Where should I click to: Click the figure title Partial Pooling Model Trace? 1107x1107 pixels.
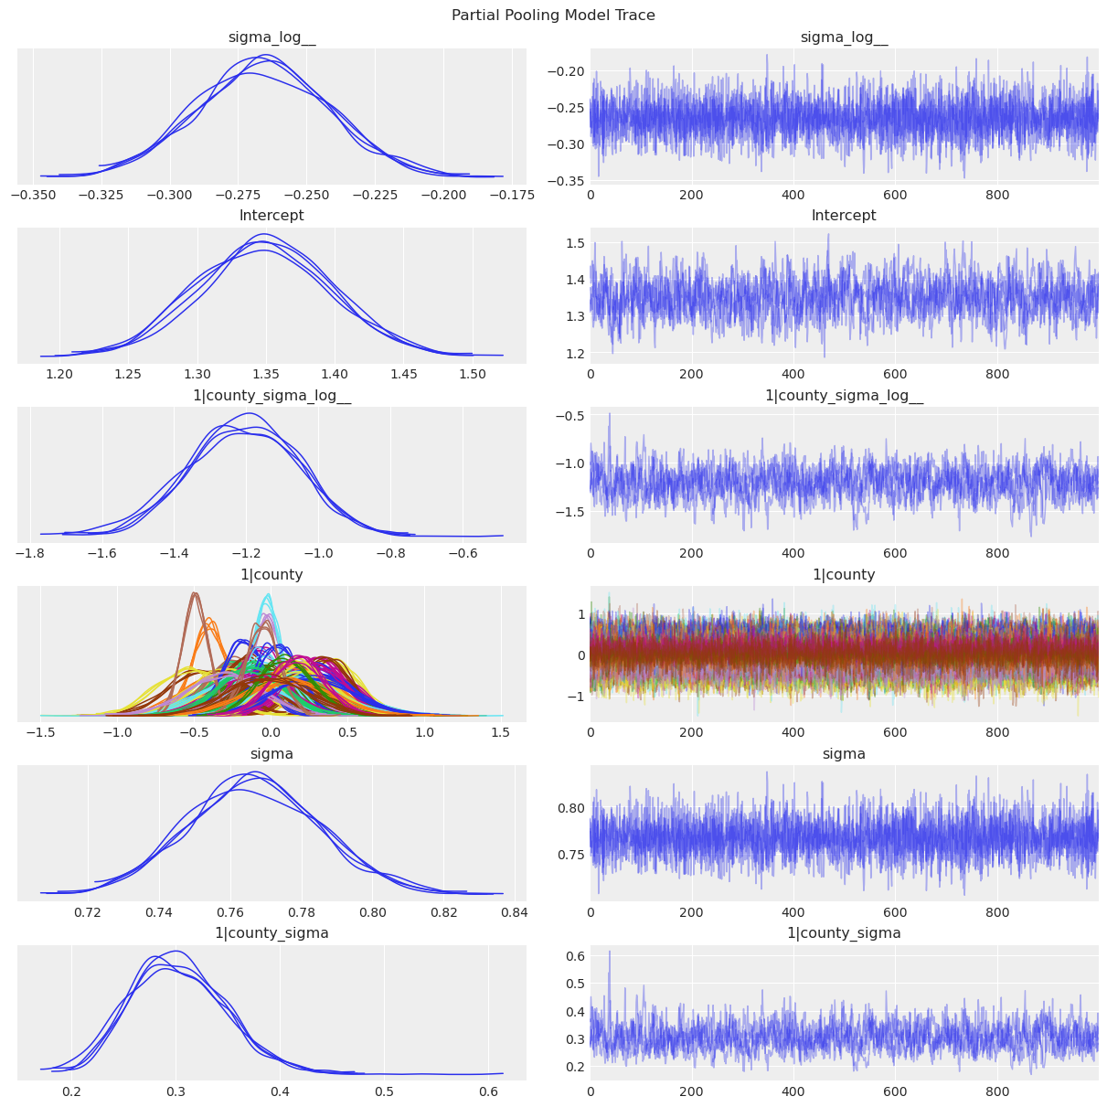pos(553,16)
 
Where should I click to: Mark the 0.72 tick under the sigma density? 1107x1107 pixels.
pos(88,912)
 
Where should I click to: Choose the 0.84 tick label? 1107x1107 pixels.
pos(515,912)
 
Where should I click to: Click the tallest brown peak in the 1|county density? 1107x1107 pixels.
pos(194,594)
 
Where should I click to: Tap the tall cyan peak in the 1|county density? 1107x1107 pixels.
pos(268,596)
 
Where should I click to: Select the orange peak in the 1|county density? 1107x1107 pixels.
pos(209,621)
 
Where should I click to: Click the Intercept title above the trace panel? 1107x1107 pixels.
pos(844,216)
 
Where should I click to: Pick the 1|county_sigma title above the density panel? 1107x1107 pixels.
pos(271,932)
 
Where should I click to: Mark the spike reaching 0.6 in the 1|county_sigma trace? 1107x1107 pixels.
pos(610,953)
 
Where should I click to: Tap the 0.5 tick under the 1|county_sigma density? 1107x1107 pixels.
pos(384,1091)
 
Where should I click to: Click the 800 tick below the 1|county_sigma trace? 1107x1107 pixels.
pos(997,1091)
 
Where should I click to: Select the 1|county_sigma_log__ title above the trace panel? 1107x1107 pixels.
pos(844,395)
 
